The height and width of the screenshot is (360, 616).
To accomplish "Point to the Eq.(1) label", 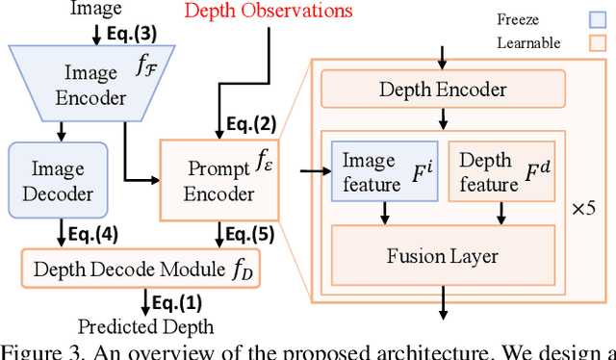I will tap(174, 304).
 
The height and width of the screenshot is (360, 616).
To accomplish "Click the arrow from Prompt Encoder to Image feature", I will tap(310, 172).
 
